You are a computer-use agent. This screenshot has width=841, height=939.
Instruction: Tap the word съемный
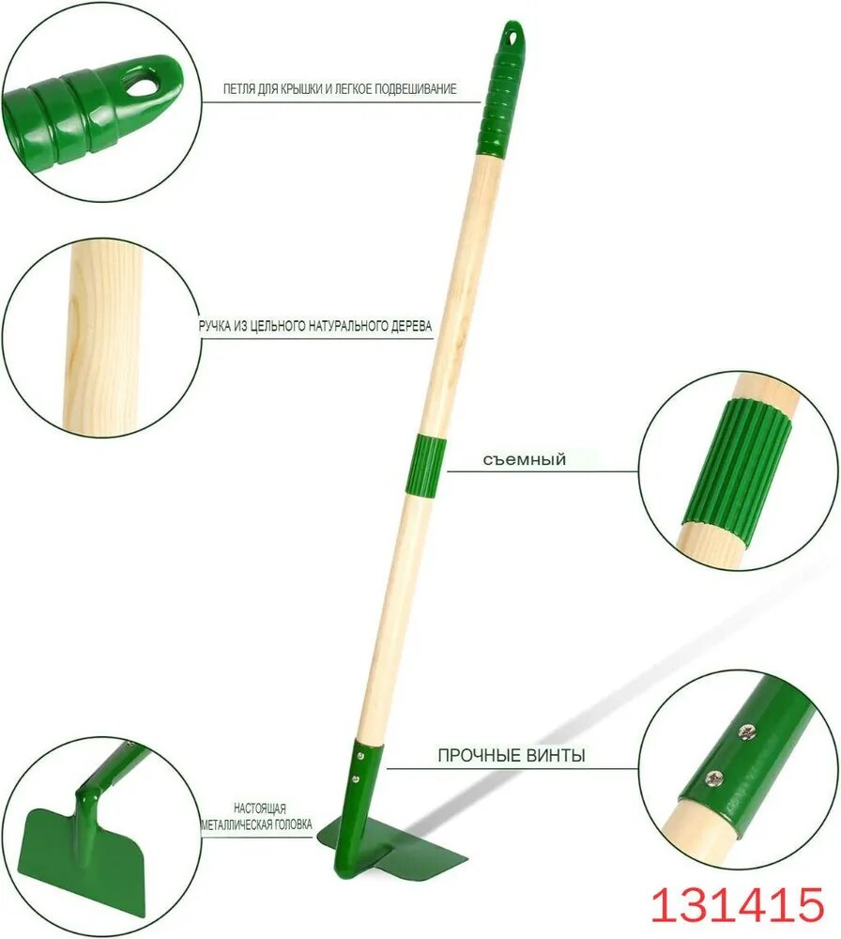[x=525, y=460]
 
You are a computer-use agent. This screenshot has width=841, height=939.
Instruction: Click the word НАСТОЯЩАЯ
[x=260, y=808]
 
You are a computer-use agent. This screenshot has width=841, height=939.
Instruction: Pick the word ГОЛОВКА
[x=293, y=824]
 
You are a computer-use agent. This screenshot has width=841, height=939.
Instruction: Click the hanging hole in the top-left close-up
[x=145, y=85]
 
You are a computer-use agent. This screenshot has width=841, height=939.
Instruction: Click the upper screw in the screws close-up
[x=745, y=731]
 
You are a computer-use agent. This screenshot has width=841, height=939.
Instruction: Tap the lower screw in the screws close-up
[x=714, y=777]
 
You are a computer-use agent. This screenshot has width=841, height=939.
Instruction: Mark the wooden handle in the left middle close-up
[x=102, y=335]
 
